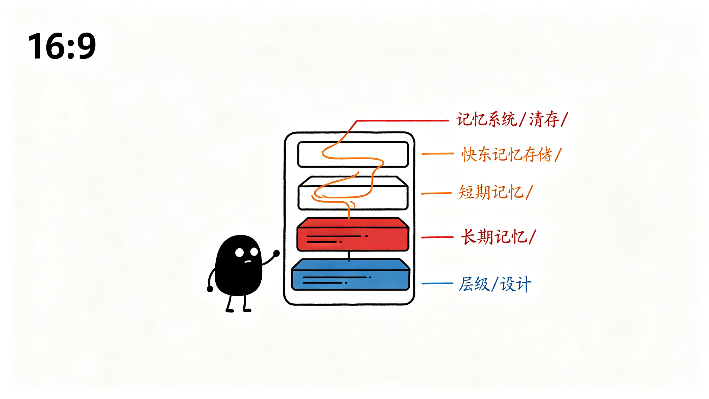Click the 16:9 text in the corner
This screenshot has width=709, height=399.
tap(62, 46)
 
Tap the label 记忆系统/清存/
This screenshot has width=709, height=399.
tap(512, 119)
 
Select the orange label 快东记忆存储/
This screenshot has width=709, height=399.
tap(511, 154)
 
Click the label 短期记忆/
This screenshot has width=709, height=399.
tap(495, 192)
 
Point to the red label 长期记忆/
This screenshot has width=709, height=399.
tap(498, 237)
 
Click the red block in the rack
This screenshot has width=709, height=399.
tap(353, 234)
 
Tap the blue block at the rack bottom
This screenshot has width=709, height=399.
tap(351, 274)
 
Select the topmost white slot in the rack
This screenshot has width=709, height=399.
tap(353, 154)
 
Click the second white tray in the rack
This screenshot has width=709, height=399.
tap(353, 193)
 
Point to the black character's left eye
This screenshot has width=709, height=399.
tap(240, 252)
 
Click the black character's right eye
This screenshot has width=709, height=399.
tap(254, 251)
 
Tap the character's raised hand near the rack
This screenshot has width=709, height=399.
tap(276, 253)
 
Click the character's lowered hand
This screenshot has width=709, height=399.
tap(210, 289)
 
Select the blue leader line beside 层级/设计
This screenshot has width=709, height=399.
tap(437, 283)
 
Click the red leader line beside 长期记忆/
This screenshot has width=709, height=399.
tap(437, 237)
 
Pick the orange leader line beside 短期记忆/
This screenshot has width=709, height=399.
tap(436, 193)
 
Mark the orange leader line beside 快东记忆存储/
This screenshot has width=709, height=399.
tap(438, 153)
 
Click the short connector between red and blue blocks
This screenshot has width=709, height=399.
tap(349, 256)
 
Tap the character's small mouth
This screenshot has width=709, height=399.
tap(248, 261)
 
